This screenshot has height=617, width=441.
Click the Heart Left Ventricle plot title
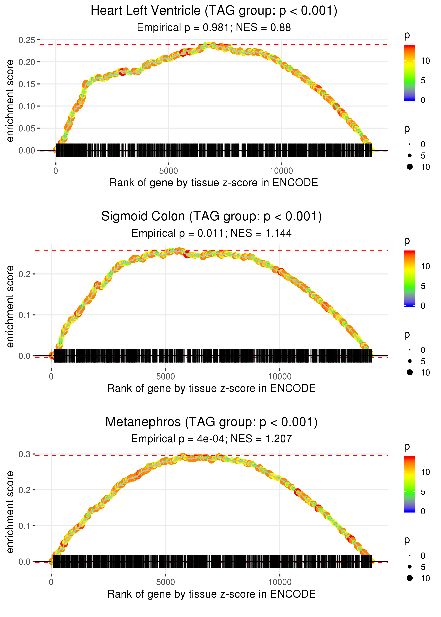(x=214, y=11)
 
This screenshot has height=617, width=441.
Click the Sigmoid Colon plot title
(x=211, y=216)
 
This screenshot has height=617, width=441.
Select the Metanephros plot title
(x=211, y=422)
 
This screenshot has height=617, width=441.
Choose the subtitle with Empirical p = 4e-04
(x=211, y=439)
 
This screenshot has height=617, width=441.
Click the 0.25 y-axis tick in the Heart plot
(x=27, y=40)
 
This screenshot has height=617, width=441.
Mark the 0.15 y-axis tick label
(x=27, y=84)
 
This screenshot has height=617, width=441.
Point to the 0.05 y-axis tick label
(x=27, y=128)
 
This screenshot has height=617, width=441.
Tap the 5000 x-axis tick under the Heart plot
(x=168, y=171)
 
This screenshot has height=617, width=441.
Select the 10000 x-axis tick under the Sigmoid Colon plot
(x=280, y=377)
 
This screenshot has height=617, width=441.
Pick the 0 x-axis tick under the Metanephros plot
(x=51, y=582)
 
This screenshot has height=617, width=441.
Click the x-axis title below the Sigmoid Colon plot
(x=211, y=388)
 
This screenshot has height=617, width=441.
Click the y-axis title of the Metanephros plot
(x=10, y=512)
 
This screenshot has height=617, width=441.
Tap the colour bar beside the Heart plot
(x=409, y=73)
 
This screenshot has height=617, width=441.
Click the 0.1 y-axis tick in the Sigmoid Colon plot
(x=25, y=315)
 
